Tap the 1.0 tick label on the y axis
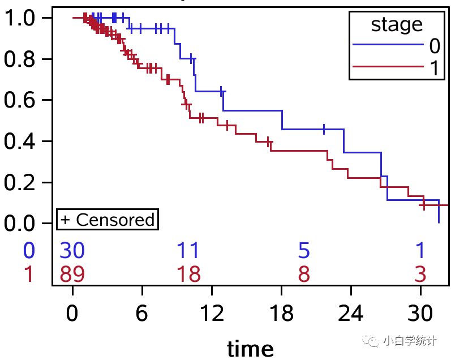pyautogui.click(x=22, y=18)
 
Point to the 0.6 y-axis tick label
pyautogui.click(x=22, y=100)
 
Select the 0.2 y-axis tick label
pyautogui.click(x=22, y=182)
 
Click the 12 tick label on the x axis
pyautogui.click(x=211, y=313)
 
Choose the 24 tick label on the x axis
pyautogui.click(x=350, y=313)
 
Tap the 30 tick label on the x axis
pyautogui.click(x=420, y=313)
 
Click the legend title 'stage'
pyautogui.click(x=396, y=25)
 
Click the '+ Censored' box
pyautogui.click(x=107, y=220)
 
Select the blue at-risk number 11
pyautogui.click(x=188, y=250)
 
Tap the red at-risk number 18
pyautogui.click(x=188, y=275)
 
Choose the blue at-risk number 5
pyautogui.click(x=304, y=250)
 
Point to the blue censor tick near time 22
pyautogui.click(x=324, y=128)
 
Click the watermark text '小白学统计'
pyautogui.click(x=409, y=341)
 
